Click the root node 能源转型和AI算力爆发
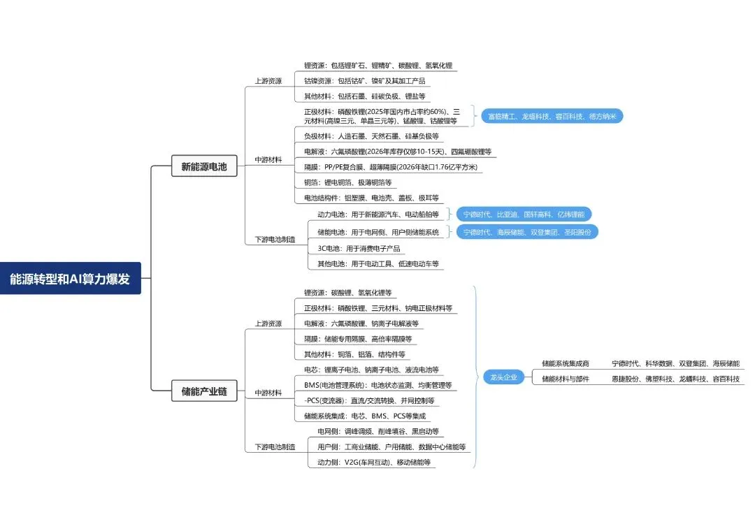coord(70,278)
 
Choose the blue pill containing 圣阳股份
coord(527,232)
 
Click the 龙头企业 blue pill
coord(502,377)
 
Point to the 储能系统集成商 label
coord(566,364)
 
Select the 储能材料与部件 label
coord(566,379)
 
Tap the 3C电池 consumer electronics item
coord(356,248)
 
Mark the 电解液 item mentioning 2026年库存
coord(397,151)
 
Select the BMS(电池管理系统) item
coord(377,385)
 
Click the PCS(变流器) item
coord(370,400)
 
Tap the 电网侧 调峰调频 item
coord(378,432)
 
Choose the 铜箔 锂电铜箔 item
coord(347,182)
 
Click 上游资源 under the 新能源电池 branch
coord(268,81)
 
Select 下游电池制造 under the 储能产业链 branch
coord(274,447)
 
